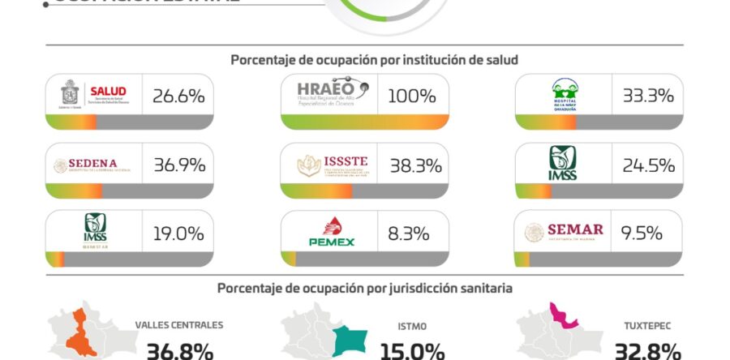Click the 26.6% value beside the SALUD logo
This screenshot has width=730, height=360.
(x=178, y=96)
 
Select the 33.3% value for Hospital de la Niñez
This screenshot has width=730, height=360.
(x=648, y=96)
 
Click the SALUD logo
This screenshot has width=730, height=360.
(x=94, y=95)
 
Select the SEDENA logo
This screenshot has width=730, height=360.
(x=94, y=165)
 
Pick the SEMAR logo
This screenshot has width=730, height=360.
(x=565, y=234)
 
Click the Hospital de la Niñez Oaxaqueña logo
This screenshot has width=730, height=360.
(x=564, y=95)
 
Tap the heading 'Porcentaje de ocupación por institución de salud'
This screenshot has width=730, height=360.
(x=374, y=60)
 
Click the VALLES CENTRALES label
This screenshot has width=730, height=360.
(x=179, y=325)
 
